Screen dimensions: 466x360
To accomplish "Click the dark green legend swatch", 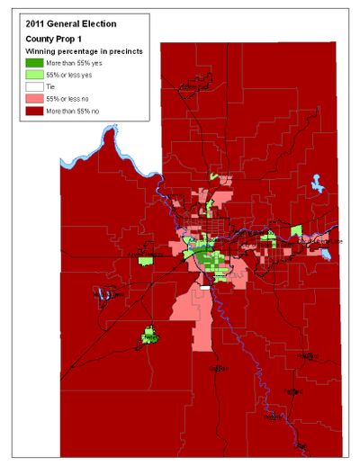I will coord(32,64).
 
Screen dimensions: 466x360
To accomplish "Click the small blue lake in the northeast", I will coord(318,185).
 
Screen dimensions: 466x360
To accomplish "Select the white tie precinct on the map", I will coord(205,288).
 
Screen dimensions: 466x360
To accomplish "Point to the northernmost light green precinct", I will coord(215,176).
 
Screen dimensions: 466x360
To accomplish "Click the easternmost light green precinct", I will coord(297,231).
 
